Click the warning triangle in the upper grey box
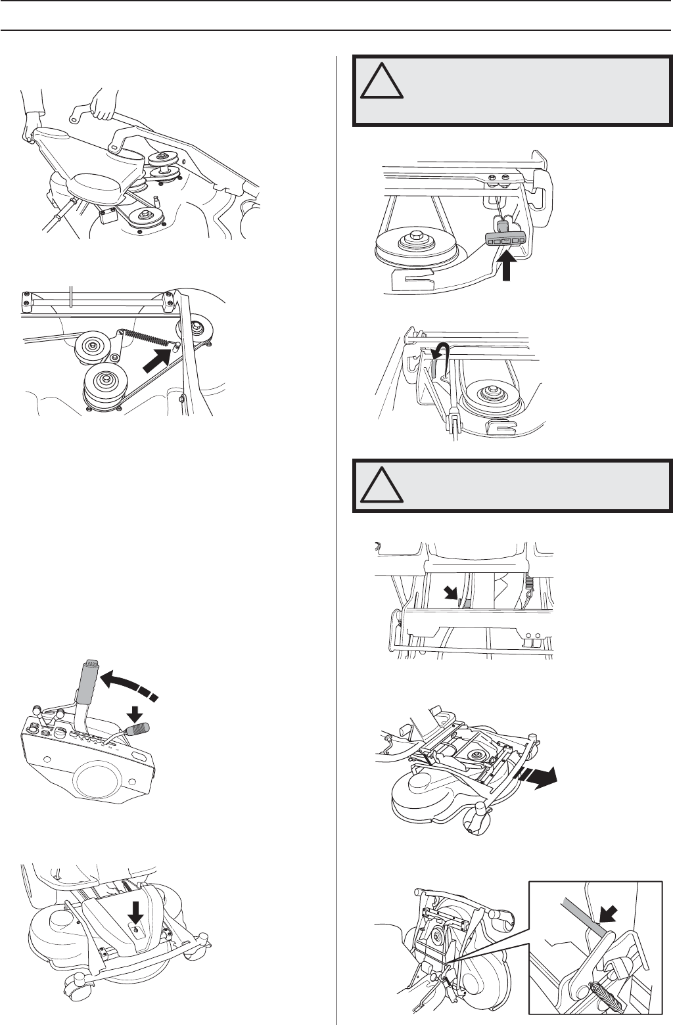pos(383,81)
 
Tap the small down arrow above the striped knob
pos(134,711)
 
